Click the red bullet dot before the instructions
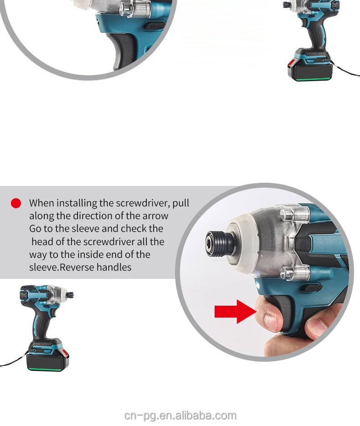pyautogui.click(x=16, y=203)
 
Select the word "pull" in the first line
pyautogui.click(x=181, y=203)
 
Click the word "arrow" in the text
pyautogui.click(x=156, y=216)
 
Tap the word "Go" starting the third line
pyautogui.click(x=35, y=229)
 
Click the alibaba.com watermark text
pyautogui.click(x=180, y=416)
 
